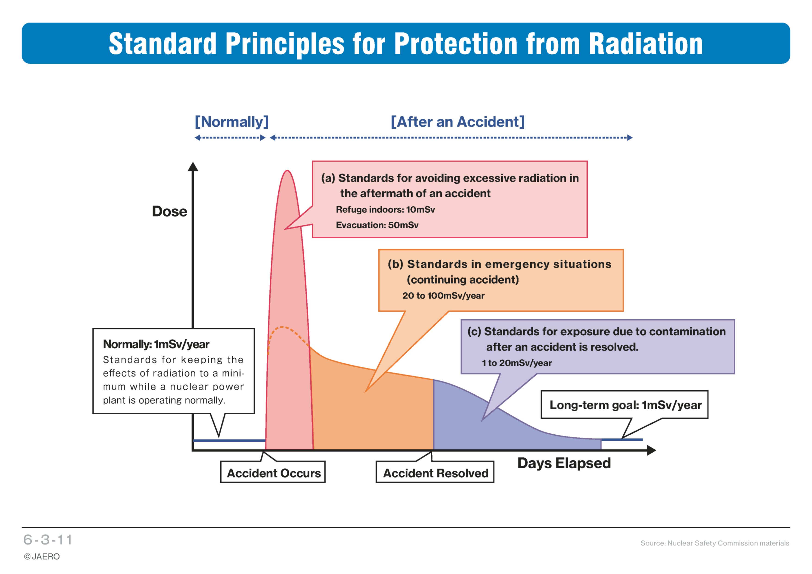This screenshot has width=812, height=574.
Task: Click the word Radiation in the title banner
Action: point(646,43)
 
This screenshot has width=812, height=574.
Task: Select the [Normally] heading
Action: point(232,122)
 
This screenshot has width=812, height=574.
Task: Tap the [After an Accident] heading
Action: point(458,122)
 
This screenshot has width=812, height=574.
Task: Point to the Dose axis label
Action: point(169,211)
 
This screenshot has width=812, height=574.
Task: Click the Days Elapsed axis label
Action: point(564,463)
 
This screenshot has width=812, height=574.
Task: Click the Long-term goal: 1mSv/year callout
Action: point(625,405)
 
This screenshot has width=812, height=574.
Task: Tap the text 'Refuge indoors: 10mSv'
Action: point(385,210)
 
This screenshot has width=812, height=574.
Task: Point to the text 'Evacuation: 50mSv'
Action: point(377,225)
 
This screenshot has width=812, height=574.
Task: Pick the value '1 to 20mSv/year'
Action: point(517,363)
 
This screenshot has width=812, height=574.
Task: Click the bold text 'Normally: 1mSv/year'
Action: point(156,344)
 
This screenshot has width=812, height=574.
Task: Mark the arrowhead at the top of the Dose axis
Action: point(193,167)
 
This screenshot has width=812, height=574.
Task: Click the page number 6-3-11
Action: point(48,540)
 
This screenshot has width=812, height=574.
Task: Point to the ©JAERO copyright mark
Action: point(42,557)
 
